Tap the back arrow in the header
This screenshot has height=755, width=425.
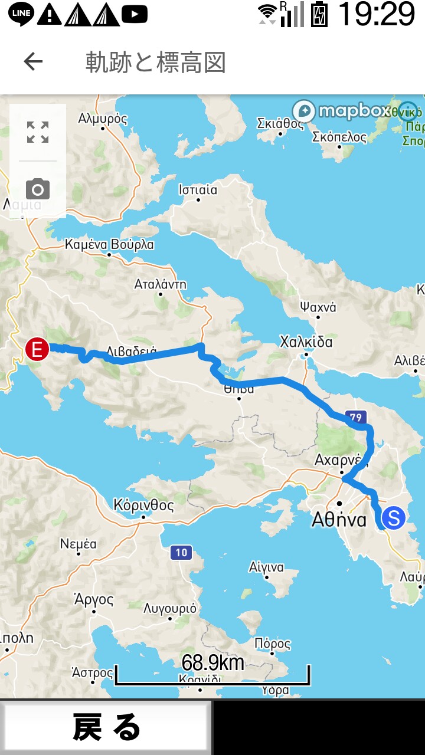(x=33, y=61)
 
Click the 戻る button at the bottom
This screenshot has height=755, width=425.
(x=106, y=727)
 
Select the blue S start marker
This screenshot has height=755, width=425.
(x=393, y=518)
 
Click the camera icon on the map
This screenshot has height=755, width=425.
(x=38, y=189)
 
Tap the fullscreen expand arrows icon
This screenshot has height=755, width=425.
(x=38, y=132)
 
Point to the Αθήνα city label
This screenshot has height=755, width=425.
(x=339, y=520)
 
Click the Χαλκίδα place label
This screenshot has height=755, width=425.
(x=306, y=342)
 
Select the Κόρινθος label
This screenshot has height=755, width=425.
(x=144, y=505)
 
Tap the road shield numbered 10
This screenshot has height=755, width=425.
(x=181, y=553)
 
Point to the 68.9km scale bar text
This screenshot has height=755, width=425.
(x=212, y=663)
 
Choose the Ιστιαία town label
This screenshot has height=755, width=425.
(x=198, y=190)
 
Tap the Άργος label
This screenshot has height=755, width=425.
(x=93, y=600)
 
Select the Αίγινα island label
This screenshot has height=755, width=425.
(x=266, y=567)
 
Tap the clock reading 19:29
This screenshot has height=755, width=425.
(x=377, y=14)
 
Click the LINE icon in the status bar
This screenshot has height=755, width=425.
(x=21, y=14)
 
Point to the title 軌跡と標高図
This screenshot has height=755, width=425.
(x=155, y=63)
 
